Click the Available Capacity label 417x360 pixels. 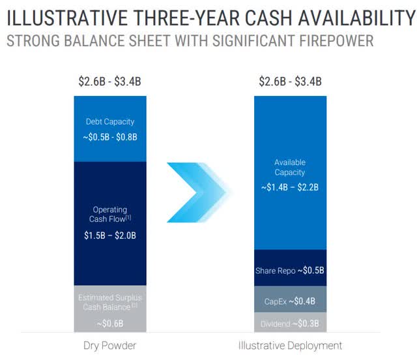click(x=290, y=167)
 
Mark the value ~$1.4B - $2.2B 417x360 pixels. click(x=290, y=188)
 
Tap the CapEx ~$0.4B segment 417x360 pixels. click(x=290, y=301)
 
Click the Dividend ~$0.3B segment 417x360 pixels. click(x=290, y=323)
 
